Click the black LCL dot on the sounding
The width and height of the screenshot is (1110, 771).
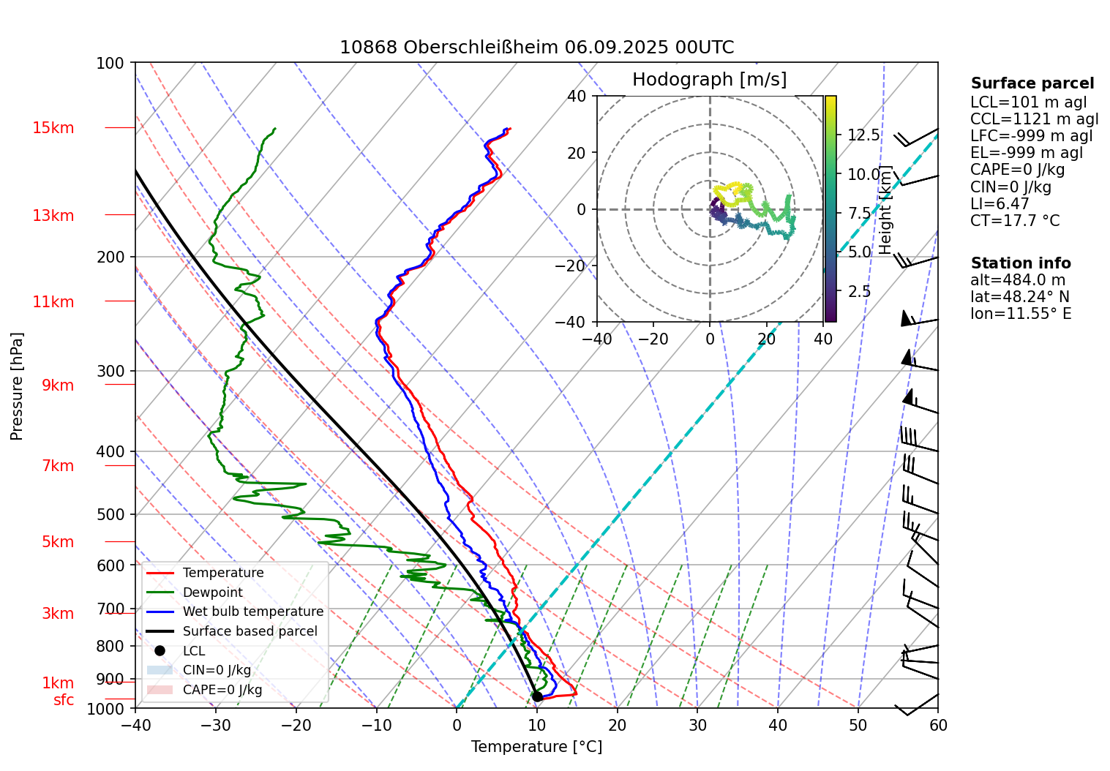pyautogui.click(x=537, y=696)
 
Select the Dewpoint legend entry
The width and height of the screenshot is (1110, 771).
pyautogui.click(x=212, y=593)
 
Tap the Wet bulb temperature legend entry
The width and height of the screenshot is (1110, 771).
pyautogui.click(x=252, y=612)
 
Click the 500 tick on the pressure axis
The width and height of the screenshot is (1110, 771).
pyautogui.click(x=110, y=515)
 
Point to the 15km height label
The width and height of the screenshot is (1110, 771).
pyautogui.click(x=53, y=128)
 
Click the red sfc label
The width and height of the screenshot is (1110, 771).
pyautogui.click(x=64, y=700)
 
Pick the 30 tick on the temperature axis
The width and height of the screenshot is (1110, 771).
pyautogui.click(x=697, y=726)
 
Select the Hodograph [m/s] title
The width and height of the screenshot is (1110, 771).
pyautogui.click(x=709, y=80)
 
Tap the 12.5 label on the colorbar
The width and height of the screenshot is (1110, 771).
pyautogui.click(x=864, y=135)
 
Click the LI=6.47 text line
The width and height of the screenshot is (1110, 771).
pyautogui.click(x=1000, y=204)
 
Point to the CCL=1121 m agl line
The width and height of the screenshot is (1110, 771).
pyautogui.click(x=1034, y=119)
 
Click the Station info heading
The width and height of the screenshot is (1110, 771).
pyautogui.click(x=1021, y=263)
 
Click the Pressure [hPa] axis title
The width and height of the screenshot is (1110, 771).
pyautogui.click(x=17, y=386)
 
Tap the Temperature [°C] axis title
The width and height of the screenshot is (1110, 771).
pyautogui.click(x=536, y=747)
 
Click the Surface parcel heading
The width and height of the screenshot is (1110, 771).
pyautogui.click(x=1032, y=83)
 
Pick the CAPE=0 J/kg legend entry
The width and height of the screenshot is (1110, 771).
pyautogui.click(x=222, y=690)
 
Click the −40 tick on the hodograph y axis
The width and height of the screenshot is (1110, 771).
pyautogui.click(x=577, y=322)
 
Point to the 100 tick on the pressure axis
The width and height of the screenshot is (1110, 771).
pyautogui.click(x=110, y=64)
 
